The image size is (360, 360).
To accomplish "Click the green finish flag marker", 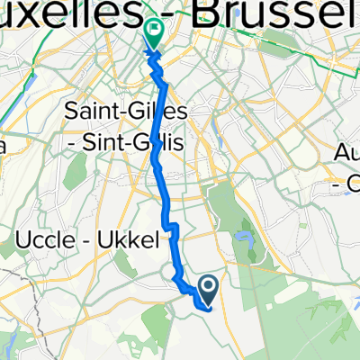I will click(154, 33).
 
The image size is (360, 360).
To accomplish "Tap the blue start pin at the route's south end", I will click(208, 289).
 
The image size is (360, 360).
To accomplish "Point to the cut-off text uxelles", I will click(63, 13).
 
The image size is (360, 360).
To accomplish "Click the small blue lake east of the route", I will click(242, 239).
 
